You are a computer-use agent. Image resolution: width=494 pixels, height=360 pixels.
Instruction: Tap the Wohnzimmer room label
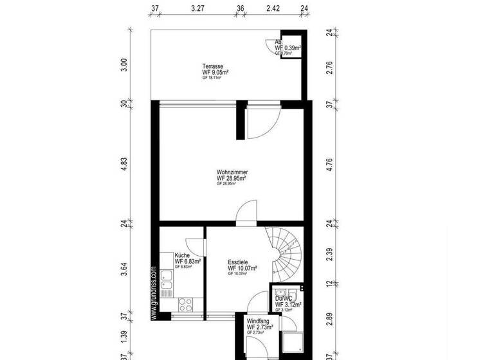232,172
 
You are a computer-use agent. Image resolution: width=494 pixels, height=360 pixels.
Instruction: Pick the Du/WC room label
284,298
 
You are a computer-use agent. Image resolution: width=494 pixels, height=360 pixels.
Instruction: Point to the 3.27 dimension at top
198,8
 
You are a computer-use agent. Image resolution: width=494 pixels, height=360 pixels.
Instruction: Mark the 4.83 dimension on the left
125,163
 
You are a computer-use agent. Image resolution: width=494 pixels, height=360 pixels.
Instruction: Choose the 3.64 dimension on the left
125,269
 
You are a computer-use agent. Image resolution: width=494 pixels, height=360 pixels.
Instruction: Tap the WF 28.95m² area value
232,178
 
